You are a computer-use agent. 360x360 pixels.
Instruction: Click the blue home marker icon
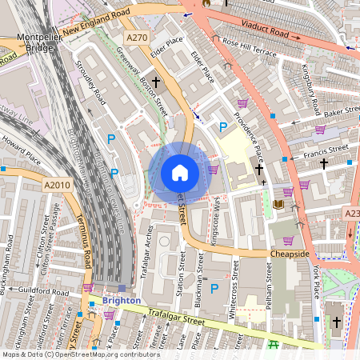(179, 173)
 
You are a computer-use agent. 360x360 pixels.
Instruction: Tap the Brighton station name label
(121, 301)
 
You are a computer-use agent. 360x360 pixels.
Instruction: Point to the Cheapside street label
(289, 254)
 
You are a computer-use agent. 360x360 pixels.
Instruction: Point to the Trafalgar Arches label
(149, 248)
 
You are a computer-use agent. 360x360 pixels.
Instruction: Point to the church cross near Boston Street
(157, 82)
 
